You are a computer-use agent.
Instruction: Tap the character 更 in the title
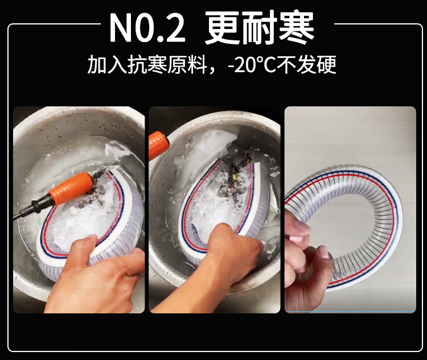(x=223, y=28)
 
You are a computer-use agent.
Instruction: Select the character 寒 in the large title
(x=297, y=28)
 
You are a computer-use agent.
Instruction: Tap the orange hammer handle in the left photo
(x=71, y=188)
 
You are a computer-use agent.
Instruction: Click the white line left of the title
(x=55, y=24)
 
